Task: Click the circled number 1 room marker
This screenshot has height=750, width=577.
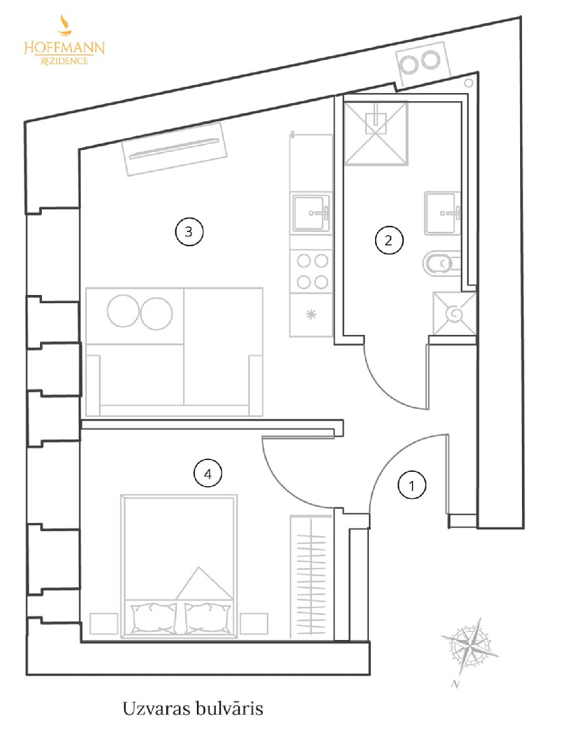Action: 412,485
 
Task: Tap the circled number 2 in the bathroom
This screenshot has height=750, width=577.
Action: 389,240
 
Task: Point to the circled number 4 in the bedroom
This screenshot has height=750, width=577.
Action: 208,474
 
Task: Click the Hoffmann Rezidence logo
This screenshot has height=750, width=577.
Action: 64,41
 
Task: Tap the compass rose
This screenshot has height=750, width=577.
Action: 470,645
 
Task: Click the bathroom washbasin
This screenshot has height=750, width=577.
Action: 443,213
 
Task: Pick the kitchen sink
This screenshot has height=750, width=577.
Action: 311,213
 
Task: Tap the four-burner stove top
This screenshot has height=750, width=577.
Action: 312,272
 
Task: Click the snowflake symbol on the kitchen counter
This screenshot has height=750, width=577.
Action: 311,314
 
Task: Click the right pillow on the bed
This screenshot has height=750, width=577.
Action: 208,618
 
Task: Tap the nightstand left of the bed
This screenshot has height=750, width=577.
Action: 104,624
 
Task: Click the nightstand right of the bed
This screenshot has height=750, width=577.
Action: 254,624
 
